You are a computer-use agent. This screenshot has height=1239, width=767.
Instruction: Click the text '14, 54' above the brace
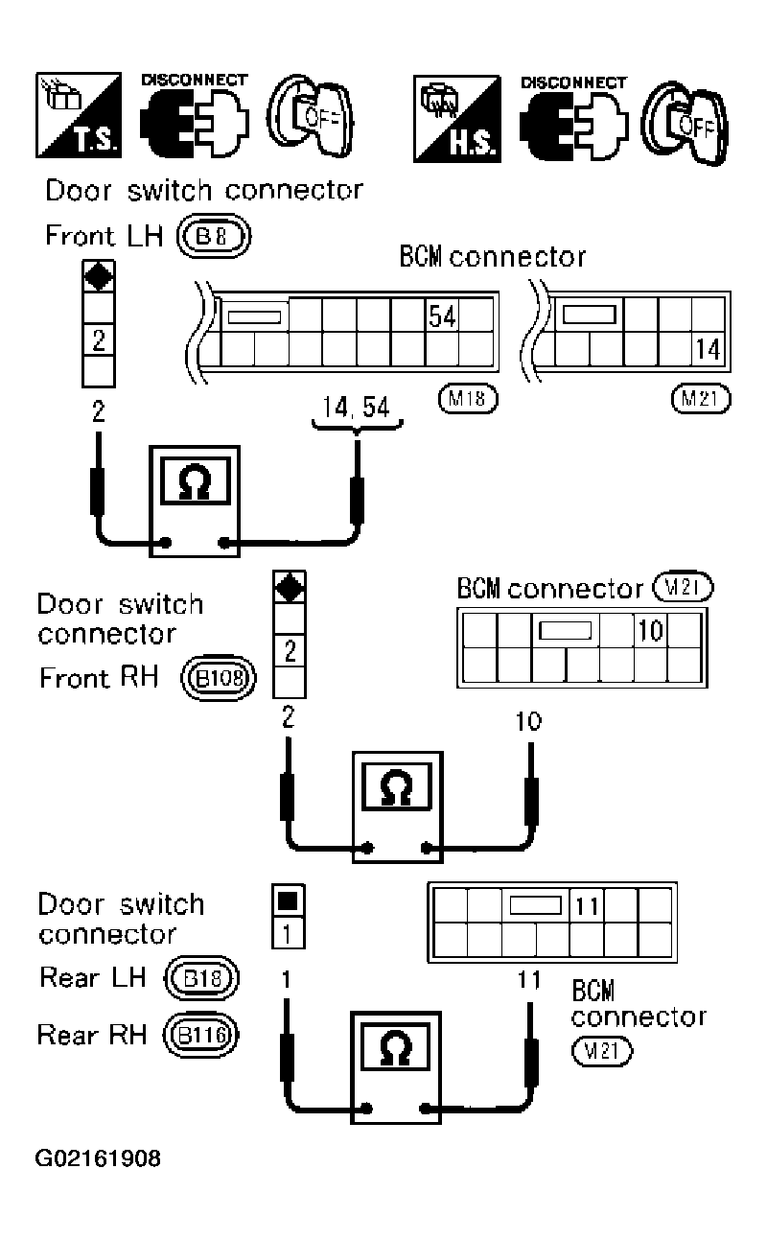click(x=357, y=408)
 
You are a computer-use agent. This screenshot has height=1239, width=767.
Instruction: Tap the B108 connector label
click(x=221, y=679)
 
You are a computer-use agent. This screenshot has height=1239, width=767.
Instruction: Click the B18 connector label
click(x=202, y=978)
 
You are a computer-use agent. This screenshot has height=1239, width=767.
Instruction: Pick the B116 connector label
click(x=202, y=1036)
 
